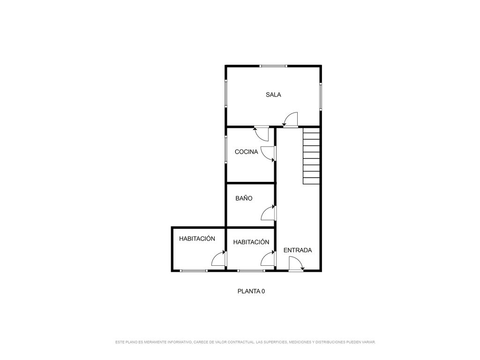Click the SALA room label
[x=273, y=95]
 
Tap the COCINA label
[x=247, y=151]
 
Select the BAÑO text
[x=244, y=198]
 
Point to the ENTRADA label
[x=298, y=250]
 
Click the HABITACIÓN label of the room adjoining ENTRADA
[x=251, y=242]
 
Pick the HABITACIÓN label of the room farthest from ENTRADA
[x=197, y=239]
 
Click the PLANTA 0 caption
[x=251, y=291]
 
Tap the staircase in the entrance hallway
[x=311, y=156]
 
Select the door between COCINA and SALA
[x=262, y=134]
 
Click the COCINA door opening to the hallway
[x=269, y=154]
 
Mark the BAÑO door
[x=269, y=213]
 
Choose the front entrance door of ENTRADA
[x=296, y=264]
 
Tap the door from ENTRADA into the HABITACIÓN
[x=269, y=258]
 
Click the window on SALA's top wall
[x=273, y=66]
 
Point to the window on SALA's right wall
[x=321, y=96]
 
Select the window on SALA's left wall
[x=226, y=93]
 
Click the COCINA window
[x=226, y=150]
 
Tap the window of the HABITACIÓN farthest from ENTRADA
[x=194, y=270]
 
